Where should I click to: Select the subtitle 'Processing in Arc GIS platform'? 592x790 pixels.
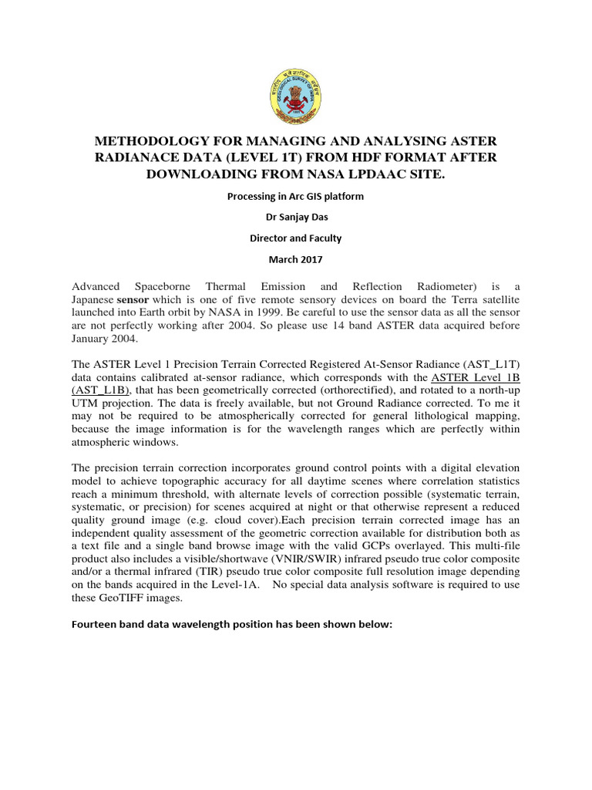[295, 197]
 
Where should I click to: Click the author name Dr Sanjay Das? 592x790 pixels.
[295, 218]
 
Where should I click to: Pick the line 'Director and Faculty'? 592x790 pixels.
[295, 238]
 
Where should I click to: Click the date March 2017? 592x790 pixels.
[295, 260]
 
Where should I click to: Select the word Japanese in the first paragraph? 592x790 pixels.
[92, 299]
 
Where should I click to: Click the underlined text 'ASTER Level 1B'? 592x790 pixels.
[476, 377]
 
